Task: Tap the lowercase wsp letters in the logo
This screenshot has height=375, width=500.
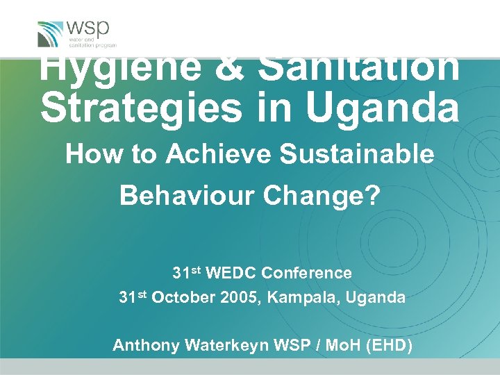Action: coord(88,29)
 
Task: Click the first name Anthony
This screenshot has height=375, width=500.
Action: coord(143,344)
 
